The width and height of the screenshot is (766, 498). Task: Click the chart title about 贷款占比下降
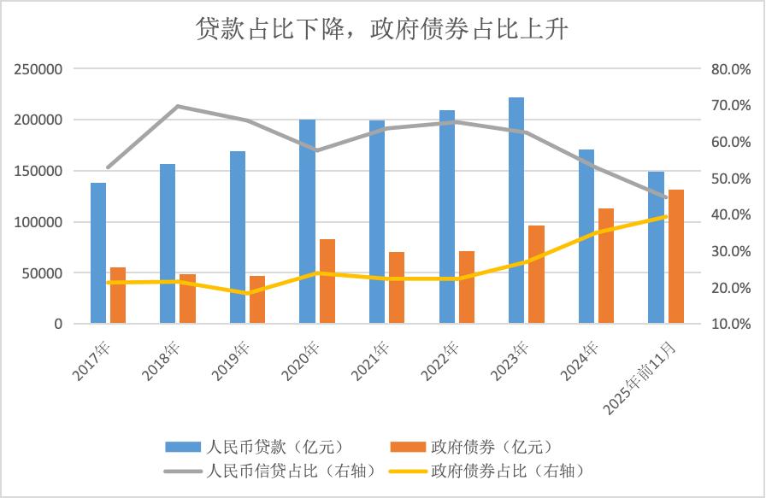pos(382,29)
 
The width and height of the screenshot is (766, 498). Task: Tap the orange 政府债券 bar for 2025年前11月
pos(675,256)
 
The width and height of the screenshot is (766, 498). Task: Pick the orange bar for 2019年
pos(257,300)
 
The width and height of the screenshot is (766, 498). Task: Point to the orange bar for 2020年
pos(327,282)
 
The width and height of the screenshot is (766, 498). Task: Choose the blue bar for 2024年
pos(586,237)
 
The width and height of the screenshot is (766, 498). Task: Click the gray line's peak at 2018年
pos(177,106)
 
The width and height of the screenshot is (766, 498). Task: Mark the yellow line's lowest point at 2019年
pos(247,293)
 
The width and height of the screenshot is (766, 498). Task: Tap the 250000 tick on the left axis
pos(38,69)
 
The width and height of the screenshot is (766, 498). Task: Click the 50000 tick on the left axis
pos(42,273)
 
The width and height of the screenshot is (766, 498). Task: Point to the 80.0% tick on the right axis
pos(730,69)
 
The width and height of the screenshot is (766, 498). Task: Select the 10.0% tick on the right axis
pos(730,325)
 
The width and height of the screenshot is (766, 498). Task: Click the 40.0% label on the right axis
pos(730,215)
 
